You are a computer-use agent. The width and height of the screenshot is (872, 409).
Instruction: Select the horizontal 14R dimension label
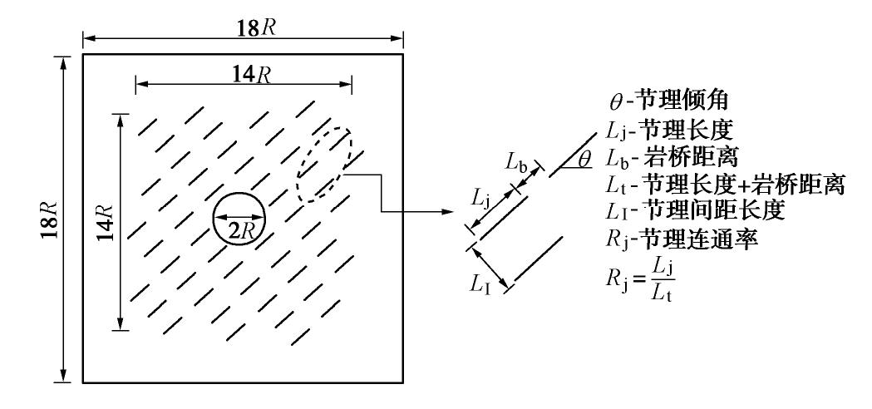244,71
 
